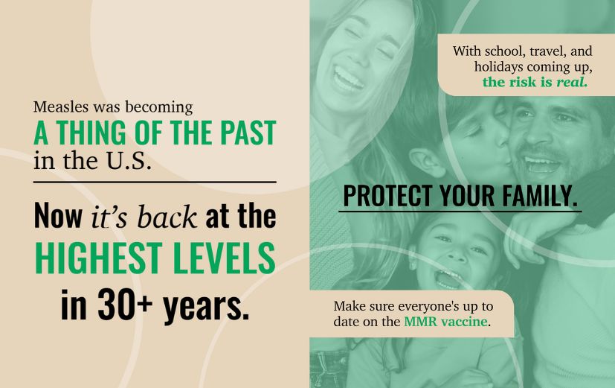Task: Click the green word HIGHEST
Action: coord(88,258)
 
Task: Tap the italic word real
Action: coord(572,82)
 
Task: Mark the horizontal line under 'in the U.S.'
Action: coord(154,181)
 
